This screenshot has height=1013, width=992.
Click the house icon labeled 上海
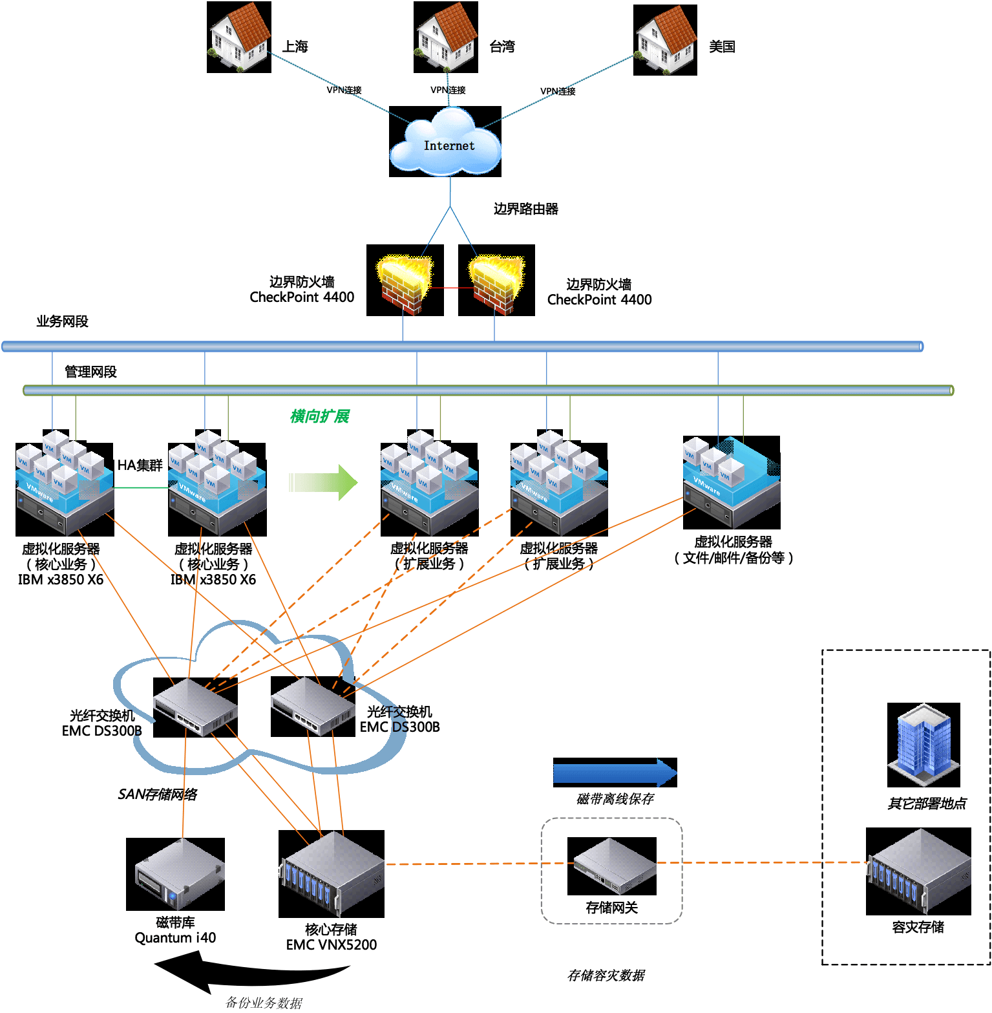[238, 37]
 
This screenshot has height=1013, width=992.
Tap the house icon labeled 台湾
[446, 37]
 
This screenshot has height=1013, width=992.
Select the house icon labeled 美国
[665, 40]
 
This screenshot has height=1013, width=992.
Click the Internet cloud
[445, 142]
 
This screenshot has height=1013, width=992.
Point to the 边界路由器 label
[525, 209]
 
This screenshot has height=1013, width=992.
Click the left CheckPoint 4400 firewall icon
[405, 281]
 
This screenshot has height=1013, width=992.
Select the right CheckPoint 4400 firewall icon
[496, 281]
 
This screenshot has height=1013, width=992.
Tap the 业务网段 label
[62, 321]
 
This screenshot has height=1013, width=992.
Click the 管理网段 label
[90, 372]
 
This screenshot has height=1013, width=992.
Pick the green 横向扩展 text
[320, 416]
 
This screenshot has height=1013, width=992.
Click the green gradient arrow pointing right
[322, 482]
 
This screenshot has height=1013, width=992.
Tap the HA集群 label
[140, 465]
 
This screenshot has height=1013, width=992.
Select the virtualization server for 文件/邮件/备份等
[732, 482]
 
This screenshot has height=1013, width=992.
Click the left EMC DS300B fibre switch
[195, 707]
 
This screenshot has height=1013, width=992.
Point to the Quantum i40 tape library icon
[176, 875]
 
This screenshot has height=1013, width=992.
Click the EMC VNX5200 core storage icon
[332, 874]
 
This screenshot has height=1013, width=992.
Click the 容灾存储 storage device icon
[918, 871]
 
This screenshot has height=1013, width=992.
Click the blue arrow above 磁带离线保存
[615, 773]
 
